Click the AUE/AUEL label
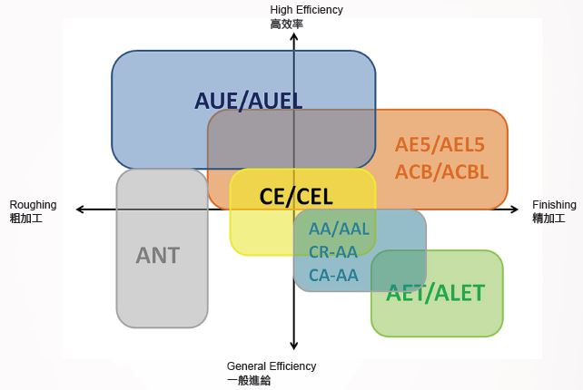[x=248, y=100]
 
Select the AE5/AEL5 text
[x=440, y=144]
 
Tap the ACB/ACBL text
[x=442, y=171]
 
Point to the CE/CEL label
[x=296, y=196]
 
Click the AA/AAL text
[x=339, y=229]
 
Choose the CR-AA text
[x=333, y=252]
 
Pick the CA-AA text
[x=333, y=275]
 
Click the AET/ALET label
[x=436, y=293]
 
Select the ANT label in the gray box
[x=158, y=255]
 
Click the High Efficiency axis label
[x=307, y=10]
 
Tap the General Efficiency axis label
[x=272, y=366]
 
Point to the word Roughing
[x=33, y=205]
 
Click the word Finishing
[x=554, y=205]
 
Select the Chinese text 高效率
[x=286, y=24]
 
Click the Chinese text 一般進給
[x=249, y=381]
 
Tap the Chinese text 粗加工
[x=25, y=219]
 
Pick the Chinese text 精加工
[x=548, y=219]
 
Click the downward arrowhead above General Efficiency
[x=294, y=345]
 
